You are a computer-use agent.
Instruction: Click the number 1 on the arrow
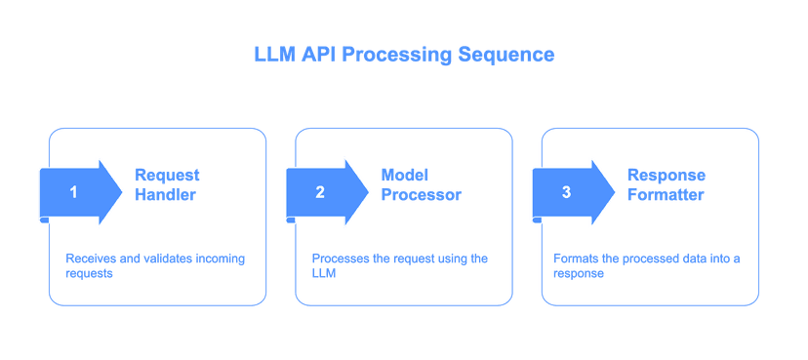(x=73, y=192)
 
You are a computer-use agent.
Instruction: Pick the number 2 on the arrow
(x=319, y=192)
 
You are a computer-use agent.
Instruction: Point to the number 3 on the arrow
(x=566, y=192)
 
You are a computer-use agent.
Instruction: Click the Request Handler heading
(x=168, y=184)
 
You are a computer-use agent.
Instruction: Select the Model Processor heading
(x=420, y=184)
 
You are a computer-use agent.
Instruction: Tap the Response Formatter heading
(x=667, y=184)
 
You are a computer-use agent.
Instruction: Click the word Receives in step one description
(x=87, y=259)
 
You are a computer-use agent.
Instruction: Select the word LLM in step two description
(x=323, y=274)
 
